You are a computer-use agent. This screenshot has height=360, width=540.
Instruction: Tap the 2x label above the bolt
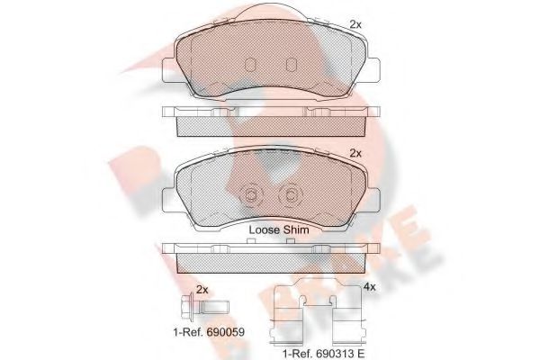[202, 289]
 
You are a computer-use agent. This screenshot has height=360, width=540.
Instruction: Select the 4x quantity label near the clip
[368, 288]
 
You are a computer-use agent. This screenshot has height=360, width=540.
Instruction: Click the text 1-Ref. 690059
[209, 332]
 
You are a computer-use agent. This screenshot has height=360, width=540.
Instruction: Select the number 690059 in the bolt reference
[223, 332]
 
